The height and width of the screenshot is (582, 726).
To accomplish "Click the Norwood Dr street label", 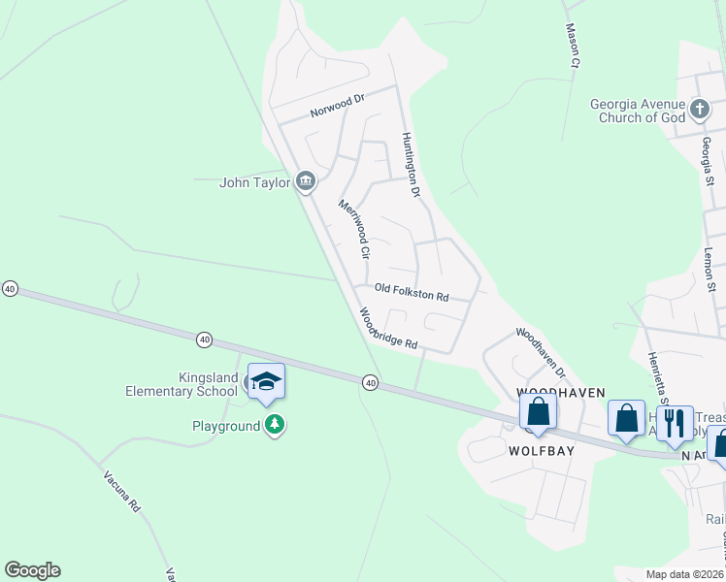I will coord(337,105).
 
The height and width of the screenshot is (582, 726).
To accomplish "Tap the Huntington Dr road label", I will coord(412,165).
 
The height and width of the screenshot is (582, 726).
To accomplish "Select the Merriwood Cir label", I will coord(354,229).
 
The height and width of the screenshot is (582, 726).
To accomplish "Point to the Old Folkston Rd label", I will coord(412,292).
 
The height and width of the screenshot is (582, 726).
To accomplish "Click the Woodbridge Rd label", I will coord(388,330).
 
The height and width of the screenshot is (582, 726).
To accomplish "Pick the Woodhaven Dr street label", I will coord(541,351).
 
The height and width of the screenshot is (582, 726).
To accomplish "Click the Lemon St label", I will coord(709,263).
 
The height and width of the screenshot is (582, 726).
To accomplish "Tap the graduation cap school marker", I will coord(265,382).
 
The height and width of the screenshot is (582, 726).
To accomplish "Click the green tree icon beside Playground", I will coord(276,425).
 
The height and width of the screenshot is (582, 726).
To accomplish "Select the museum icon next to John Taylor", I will coord(307,181).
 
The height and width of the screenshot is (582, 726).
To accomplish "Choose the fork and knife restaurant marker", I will coord(675,423).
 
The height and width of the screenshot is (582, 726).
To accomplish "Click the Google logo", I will coord(32,570).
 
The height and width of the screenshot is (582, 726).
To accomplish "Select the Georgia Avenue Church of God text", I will coord(637,111).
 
